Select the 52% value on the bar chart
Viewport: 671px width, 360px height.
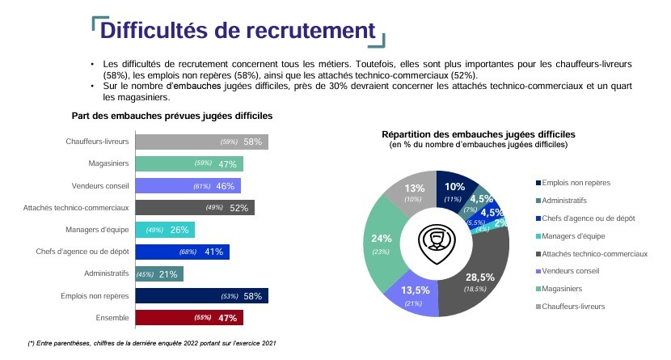click(238, 208)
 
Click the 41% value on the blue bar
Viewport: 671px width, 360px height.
click(214, 252)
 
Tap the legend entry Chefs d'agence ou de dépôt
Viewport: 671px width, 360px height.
click(592, 218)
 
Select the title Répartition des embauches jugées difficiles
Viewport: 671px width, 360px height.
click(478, 133)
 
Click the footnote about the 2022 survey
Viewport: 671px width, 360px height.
click(152, 343)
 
